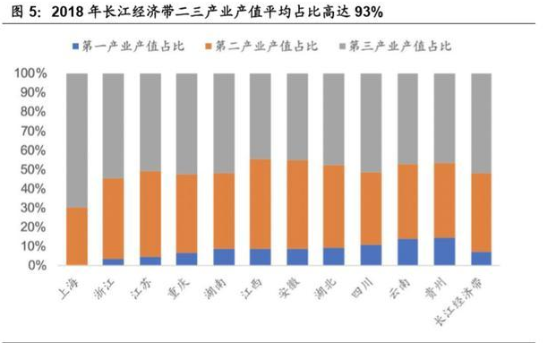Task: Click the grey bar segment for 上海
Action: click(77, 140)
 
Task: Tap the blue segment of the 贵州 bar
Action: click(445, 252)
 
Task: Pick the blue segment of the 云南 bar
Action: click(408, 252)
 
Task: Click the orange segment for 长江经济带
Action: click(482, 212)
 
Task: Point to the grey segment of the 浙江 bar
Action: click(114, 125)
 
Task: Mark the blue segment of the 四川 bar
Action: click(372, 255)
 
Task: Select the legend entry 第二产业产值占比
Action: click(263, 46)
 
